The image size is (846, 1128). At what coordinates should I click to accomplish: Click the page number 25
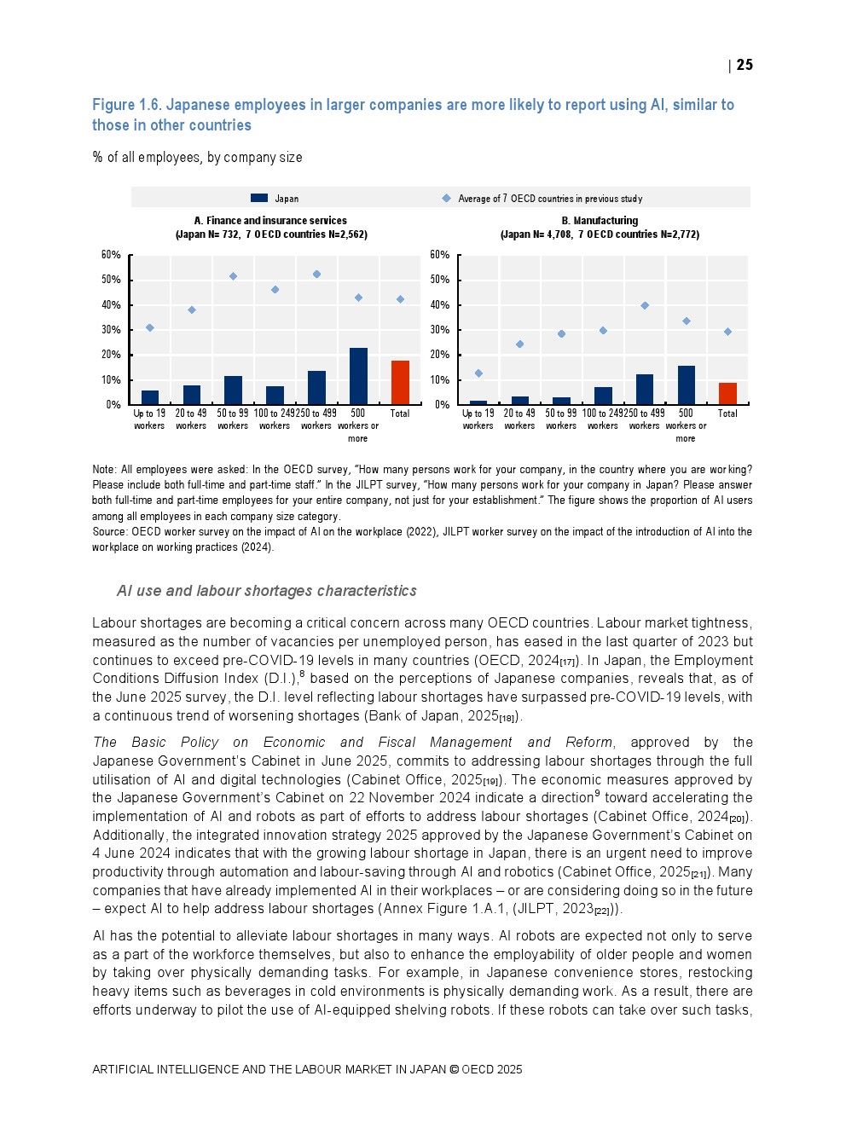pos(745,65)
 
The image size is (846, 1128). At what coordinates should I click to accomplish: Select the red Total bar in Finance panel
pos(400,383)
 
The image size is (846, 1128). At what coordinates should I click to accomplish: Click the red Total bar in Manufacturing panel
pos(727,394)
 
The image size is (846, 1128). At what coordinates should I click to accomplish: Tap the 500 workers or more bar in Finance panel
pos(358,376)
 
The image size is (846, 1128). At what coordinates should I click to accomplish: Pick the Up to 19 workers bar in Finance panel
pos(150,397)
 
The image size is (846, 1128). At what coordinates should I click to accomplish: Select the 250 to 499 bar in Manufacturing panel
pos(645,390)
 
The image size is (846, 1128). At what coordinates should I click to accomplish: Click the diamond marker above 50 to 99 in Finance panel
pos(233,276)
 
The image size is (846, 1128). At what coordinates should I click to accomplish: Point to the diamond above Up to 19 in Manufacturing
pos(478,373)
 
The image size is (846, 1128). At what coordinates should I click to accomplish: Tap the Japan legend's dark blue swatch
pos(259,198)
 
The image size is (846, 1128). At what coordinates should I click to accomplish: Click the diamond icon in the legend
pos(446,198)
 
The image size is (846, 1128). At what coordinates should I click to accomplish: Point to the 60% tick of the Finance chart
pos(111,255)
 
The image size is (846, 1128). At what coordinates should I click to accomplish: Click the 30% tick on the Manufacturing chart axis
pos(440,330)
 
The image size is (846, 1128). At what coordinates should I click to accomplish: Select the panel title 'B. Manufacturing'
pos(600,221)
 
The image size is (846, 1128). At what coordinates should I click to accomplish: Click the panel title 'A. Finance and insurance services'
pos(270,221)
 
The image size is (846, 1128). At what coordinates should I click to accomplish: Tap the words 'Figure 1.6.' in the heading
pos(126,105)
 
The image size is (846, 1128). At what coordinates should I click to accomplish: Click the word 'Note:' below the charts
pos(104,470)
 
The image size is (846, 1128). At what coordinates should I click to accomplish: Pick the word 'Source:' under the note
pos(110,532)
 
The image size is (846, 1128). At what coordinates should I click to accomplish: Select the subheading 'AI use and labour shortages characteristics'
pos(267,591)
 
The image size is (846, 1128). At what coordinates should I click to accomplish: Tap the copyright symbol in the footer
pos(454,1069)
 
